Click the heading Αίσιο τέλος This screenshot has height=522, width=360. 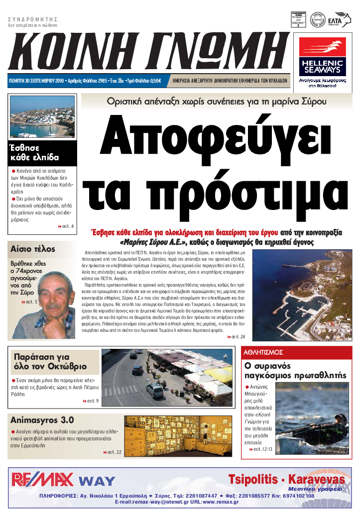[33, 249]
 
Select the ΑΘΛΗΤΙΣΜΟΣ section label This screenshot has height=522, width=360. [264, 352]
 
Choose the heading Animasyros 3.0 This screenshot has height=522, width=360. [42, 419]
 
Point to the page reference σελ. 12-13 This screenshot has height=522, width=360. [263, 449]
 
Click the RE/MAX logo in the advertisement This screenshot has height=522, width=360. [42, 480]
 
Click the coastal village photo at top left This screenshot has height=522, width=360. [42, 116]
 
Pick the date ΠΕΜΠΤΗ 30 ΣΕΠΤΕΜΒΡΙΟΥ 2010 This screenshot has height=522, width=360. [41, 81]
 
